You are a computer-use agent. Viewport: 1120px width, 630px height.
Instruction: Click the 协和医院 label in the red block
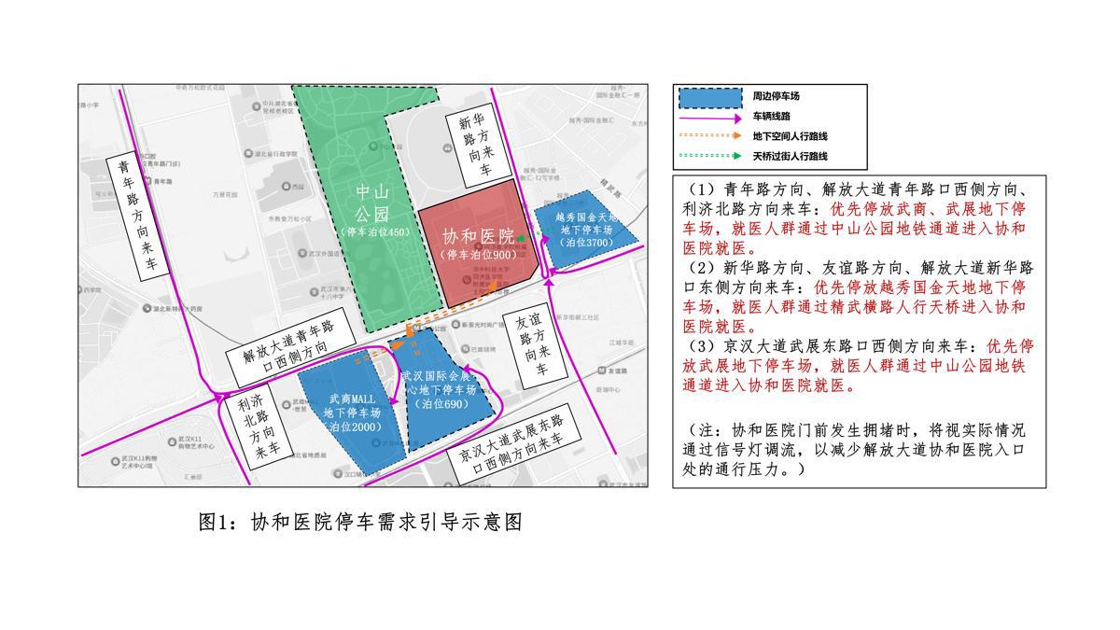point(478,236)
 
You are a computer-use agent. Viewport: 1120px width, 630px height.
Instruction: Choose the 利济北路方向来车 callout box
point(255,426)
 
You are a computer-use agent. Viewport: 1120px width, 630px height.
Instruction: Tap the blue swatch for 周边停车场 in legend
point(708,96)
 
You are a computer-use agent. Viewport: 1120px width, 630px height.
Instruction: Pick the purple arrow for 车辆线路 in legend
point(708,117)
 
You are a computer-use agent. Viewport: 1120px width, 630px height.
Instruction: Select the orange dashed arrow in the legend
point(708,136)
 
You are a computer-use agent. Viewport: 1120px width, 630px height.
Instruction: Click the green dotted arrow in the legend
point(708,156)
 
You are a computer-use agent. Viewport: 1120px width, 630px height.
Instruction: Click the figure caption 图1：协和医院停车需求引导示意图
point(359,522)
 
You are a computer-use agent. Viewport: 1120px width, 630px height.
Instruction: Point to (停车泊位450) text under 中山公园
point(374,231)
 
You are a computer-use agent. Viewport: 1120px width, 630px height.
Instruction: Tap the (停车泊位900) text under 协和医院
point(478,255)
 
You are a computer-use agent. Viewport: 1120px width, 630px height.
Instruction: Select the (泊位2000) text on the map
point(353,427)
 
